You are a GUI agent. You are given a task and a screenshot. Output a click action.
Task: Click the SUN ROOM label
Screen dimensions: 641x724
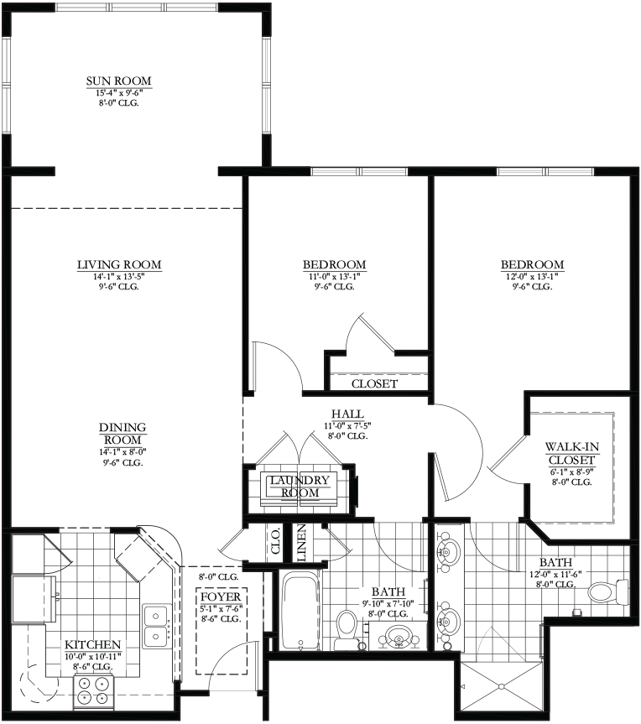click(118, 81)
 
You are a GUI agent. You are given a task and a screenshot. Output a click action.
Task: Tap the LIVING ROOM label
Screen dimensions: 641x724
click(119, 264)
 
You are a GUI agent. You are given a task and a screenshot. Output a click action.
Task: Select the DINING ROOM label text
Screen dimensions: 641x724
click(122, 434)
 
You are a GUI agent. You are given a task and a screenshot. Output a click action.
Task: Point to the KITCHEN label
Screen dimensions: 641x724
click(92, 644)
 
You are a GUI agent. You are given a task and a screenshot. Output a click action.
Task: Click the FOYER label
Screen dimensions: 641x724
click(221, 597)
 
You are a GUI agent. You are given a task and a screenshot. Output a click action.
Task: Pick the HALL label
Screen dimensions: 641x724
click(347, 414)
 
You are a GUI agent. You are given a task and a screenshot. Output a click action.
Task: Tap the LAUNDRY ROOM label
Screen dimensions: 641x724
click(300, 487)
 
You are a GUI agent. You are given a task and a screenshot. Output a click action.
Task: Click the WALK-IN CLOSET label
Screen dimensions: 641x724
click(571, 453)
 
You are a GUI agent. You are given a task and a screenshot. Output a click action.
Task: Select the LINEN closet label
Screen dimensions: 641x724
click(301, 543)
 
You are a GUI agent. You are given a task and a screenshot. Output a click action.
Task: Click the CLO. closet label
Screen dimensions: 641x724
click(276, 540)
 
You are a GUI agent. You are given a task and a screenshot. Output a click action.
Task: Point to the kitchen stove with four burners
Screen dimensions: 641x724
click(93, 690)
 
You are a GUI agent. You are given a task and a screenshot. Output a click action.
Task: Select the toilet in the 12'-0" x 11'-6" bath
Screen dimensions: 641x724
click(607, 592)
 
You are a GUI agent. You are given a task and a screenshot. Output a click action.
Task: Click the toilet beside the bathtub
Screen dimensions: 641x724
click(347, 631)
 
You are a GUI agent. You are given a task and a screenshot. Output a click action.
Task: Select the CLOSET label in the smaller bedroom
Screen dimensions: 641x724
click(374, 383)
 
